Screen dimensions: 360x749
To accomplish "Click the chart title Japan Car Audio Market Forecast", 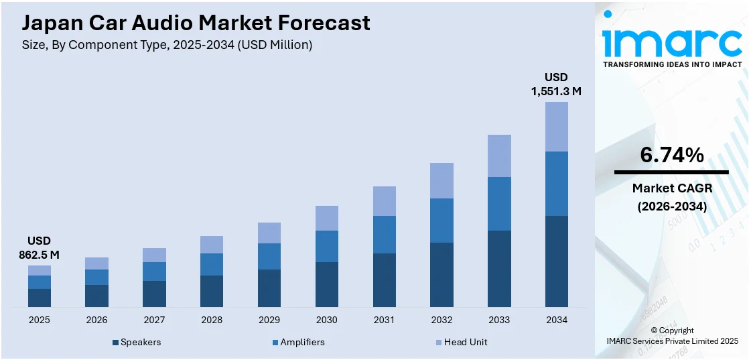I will tap(196, 23).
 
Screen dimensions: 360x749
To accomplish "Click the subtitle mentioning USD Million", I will tap(167, 46).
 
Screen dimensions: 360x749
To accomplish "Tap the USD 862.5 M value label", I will tap(39, 247).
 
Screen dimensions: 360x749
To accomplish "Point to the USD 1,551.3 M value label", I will tap(556, 84).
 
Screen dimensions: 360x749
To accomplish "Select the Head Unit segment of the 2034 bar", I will tap(556, 126).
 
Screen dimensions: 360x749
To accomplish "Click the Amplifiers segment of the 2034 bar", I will tap(556, 183).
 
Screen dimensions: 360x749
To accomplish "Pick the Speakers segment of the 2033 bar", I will tap(498, 268).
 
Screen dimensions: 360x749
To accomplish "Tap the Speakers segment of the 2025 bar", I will tap(39, 298).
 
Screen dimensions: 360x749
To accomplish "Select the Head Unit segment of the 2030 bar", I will tap(326, 218).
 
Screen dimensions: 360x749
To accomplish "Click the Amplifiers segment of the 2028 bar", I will tap(211, 264).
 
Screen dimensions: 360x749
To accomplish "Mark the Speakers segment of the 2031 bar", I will tap(384, 280).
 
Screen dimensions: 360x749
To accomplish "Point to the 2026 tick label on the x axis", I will tap(96, 320).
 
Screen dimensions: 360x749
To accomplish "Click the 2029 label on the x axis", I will tap(269, 320).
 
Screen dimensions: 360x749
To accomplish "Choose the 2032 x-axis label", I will tap(441, 320).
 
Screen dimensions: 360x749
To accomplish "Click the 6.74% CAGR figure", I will tap(671, 155).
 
